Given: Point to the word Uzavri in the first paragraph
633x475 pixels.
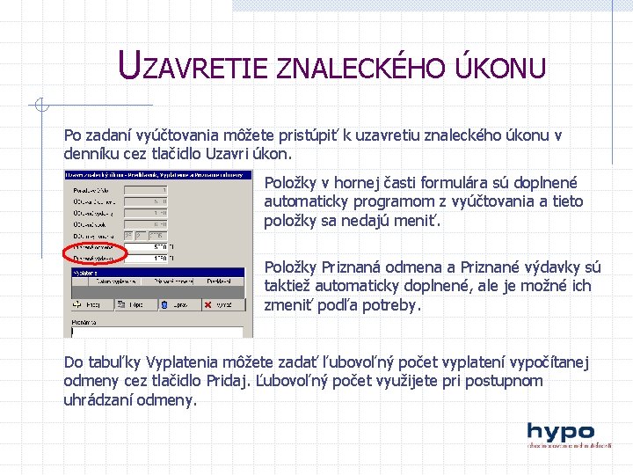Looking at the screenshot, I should click(x=229, y=153).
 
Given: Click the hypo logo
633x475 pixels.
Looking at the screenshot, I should click(x=560, y=434).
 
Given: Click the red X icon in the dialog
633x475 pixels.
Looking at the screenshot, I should click(x=208, y=303).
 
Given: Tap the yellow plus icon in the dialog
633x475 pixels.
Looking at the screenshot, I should click(x=79, y=303).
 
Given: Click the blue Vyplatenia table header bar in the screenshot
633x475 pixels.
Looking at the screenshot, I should click(x=158, y=272).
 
